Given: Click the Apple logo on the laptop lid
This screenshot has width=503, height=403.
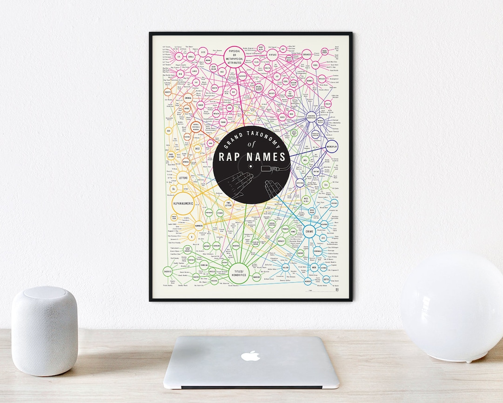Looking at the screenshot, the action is [251, 355].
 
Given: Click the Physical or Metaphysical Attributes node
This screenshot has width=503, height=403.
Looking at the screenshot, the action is [235, 55].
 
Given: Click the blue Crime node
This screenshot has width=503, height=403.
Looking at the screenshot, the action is [309, 231].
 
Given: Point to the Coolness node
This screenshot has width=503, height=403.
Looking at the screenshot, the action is [306, 54].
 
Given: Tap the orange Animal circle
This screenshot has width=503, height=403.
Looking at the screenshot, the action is [188, 98].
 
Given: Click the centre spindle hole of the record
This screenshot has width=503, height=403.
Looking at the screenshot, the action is [251, 167].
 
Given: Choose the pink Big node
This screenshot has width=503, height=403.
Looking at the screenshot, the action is [180, 74].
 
